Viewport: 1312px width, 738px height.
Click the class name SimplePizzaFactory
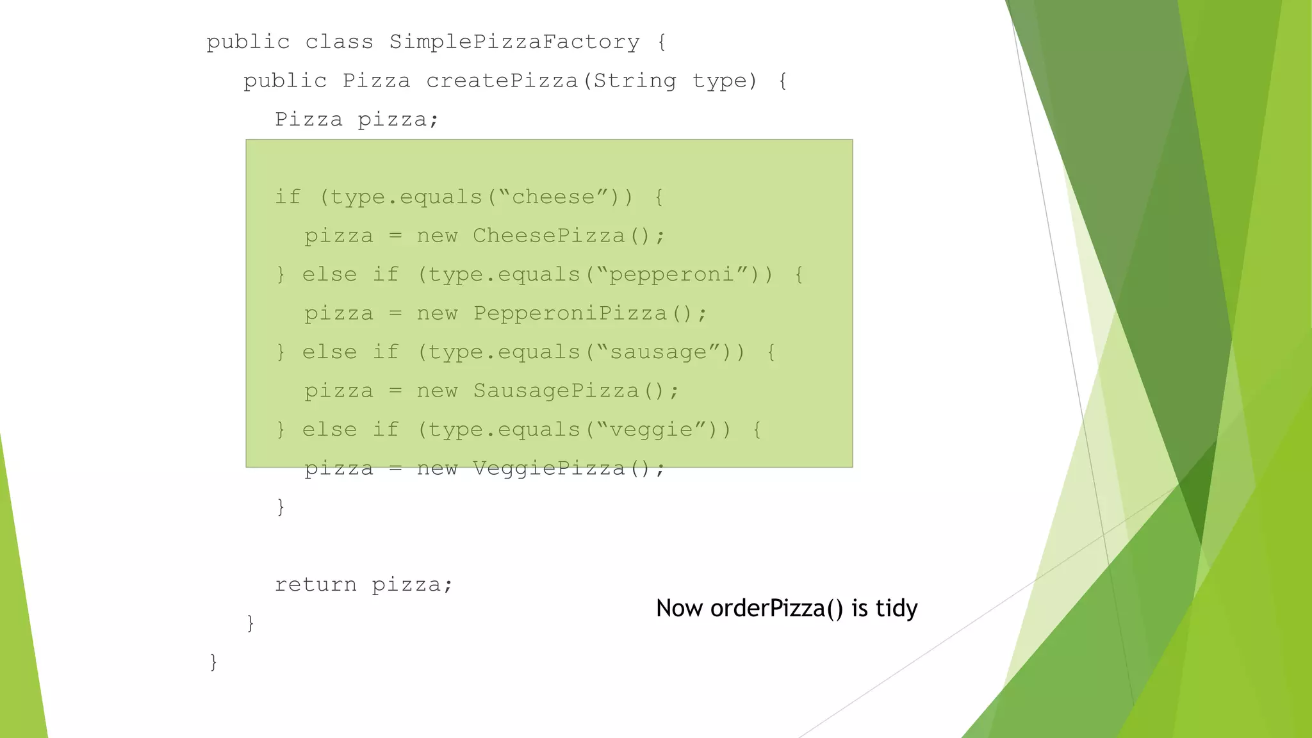[514, 42]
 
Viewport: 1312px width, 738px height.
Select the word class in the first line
[339, 42]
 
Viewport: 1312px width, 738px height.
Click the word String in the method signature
[634, 81]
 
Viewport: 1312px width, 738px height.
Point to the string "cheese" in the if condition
[553, 197]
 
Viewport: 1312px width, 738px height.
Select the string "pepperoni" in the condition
[671, 275]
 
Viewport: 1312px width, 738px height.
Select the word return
[315, 584]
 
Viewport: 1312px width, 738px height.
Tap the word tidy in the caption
[896, 608]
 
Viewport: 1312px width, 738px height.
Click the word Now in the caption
[679, 608]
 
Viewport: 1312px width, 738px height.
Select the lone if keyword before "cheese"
[288, 197]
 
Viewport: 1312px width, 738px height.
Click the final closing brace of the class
[213, 661]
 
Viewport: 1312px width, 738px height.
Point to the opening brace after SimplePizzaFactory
[662, 42]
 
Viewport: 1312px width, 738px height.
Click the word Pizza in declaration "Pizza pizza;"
[309, 120]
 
